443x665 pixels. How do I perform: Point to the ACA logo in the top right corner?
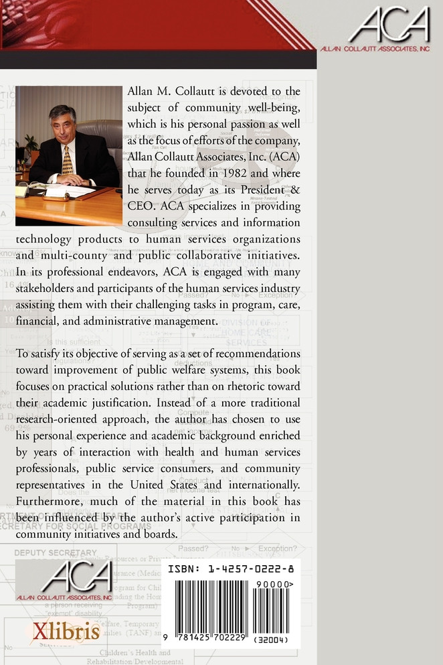click(387, 28)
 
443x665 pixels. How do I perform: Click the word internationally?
click(263, 486)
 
